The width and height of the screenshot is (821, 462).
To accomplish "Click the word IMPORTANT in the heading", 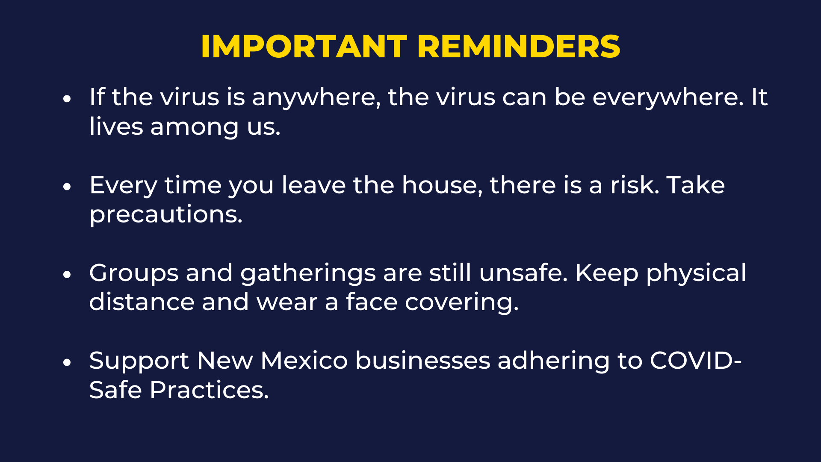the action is [x=304, y=46].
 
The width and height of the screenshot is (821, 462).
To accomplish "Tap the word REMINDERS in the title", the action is [x=518, y=46].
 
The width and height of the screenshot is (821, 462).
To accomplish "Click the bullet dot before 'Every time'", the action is [x=66, y=187].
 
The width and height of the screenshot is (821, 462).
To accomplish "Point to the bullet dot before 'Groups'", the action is [x=66, y=275].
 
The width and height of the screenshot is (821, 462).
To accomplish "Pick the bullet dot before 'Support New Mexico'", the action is [x=66, y=362].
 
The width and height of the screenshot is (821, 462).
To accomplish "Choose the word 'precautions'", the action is [x=166, y=215].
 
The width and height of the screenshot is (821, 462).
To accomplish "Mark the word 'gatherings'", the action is [x=308, y=274].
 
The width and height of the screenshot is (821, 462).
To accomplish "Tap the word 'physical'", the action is [x=696, y=274].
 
